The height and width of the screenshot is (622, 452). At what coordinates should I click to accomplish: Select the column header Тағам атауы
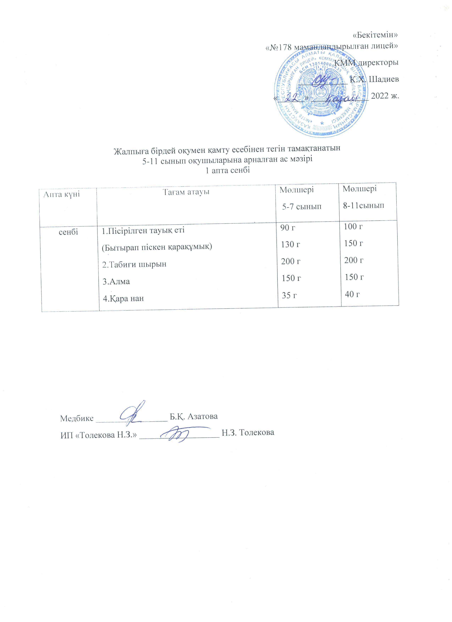coord(186,192)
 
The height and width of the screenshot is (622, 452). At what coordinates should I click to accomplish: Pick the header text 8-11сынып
coord(364,205)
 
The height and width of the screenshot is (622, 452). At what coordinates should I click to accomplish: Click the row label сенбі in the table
coord(69,232)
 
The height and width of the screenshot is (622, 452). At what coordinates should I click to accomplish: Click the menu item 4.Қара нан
coord(123,298)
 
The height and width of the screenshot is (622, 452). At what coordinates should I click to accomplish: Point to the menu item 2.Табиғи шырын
coord(134,264)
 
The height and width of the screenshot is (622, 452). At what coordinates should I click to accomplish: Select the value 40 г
coord(352,294)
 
